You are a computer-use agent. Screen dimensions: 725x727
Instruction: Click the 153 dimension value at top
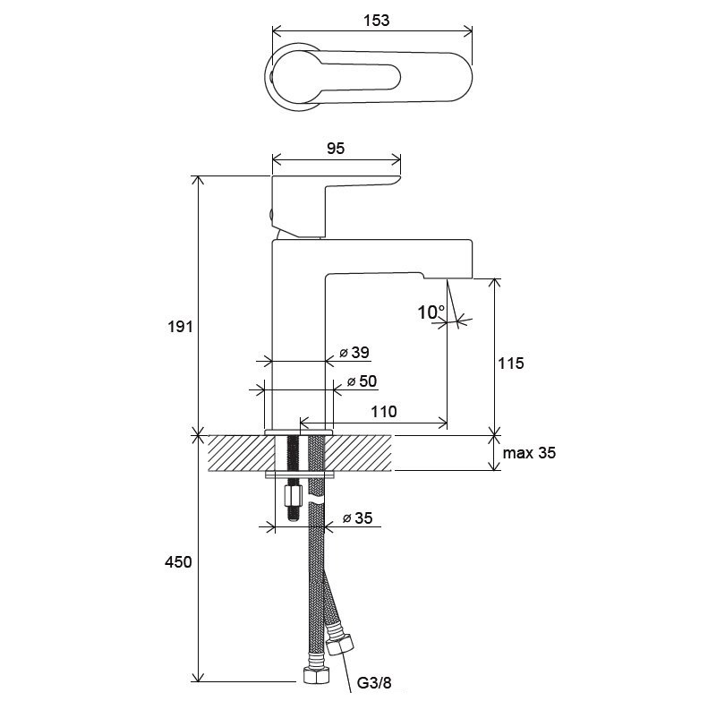(x=376, y=21)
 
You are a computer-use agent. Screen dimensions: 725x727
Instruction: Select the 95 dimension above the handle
(x=336, y=149)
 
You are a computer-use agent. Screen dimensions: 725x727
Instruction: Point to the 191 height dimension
(x=180, y=327)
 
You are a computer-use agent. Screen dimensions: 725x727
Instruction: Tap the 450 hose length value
(x=178, y=562)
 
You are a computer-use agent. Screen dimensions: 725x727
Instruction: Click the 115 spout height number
(x=511, y=363)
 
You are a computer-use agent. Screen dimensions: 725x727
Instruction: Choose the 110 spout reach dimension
(x=384, y=411)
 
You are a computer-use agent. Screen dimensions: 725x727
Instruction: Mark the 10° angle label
(x=431, y=312)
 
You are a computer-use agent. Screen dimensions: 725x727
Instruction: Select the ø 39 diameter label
(x=354, y=353)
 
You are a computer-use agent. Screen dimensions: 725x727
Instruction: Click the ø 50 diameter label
(x=362, y=381)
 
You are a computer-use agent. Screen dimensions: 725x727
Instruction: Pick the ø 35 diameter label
(x=357, y=517)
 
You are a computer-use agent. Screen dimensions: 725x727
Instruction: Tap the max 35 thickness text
(x=529, y=452)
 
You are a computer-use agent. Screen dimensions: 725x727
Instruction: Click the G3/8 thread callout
(x=374, y=683)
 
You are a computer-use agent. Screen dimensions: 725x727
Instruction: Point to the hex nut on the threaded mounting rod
(x=293, y=497)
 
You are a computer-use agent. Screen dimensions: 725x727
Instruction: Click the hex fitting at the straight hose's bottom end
(x=317, y=676)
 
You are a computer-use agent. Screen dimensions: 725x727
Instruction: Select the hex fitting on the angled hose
(x=340, y=645)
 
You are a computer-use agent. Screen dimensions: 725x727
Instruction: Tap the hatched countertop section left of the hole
(x=242, y=453)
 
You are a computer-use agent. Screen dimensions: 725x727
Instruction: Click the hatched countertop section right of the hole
(x=358, y=453)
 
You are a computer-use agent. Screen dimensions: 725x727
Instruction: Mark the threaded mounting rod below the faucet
(x=294, y=477)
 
